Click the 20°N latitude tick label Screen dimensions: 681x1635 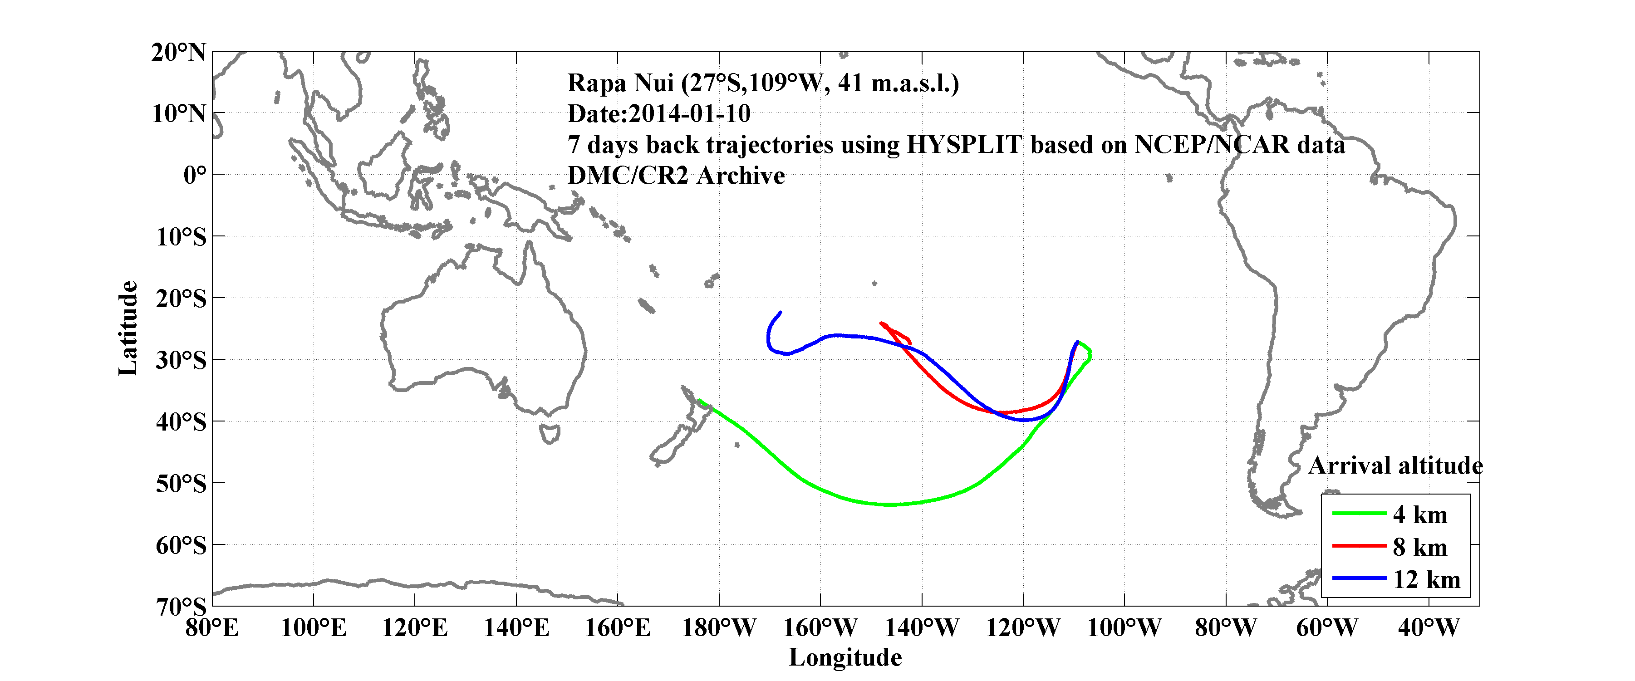tap(178, 52)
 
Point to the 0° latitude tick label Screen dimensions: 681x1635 tap(195, 175)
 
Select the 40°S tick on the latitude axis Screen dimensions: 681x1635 tap(181, 421)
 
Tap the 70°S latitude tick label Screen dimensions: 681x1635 tap(181, 607)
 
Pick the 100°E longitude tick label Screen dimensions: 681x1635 tap(313, 628)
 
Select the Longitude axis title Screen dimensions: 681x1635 tap(845, 657)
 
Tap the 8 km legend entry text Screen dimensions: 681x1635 tap(1420, 547)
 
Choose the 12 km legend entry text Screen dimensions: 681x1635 tap(1426, 579)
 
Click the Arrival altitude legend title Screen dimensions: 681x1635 tap(1395, 466)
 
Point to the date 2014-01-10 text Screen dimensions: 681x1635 tap(689, 113)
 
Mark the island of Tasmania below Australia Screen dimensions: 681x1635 tap(550, 434)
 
